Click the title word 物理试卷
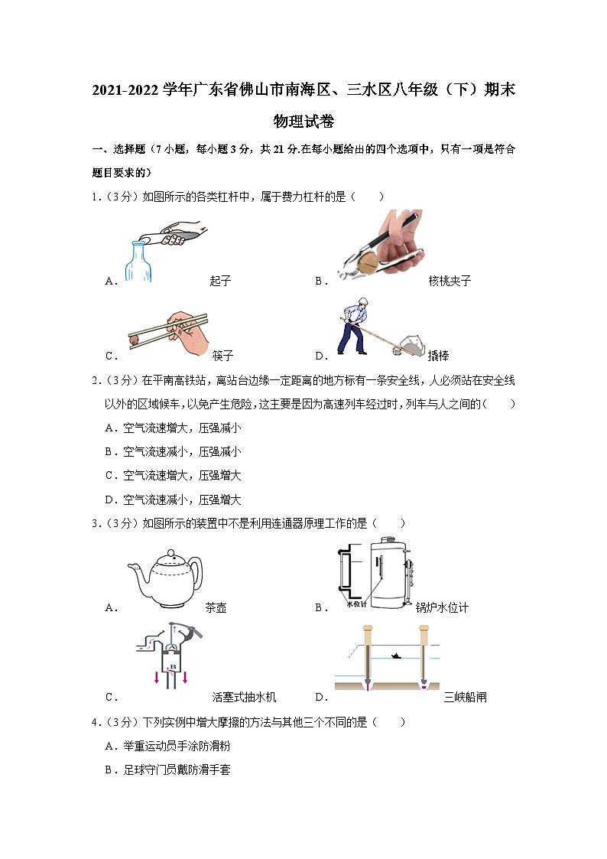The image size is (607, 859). tap(303, 122)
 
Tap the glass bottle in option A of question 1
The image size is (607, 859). tap(138, 262)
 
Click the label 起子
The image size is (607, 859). tap(220, 281)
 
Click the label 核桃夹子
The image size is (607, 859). tap(450, 281)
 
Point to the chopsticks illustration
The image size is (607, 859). tap(168, 331)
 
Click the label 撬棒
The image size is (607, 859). tap(438, 356)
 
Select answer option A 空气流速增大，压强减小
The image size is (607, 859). tap(173, 428)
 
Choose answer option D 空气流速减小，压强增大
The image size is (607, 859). tap(173, 499)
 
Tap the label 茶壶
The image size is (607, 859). tap(216, 608)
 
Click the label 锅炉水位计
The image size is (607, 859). tap(442, 608)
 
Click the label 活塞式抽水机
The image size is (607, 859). tap(244, 697)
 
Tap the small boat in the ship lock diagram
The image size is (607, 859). tap(396, 656)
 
